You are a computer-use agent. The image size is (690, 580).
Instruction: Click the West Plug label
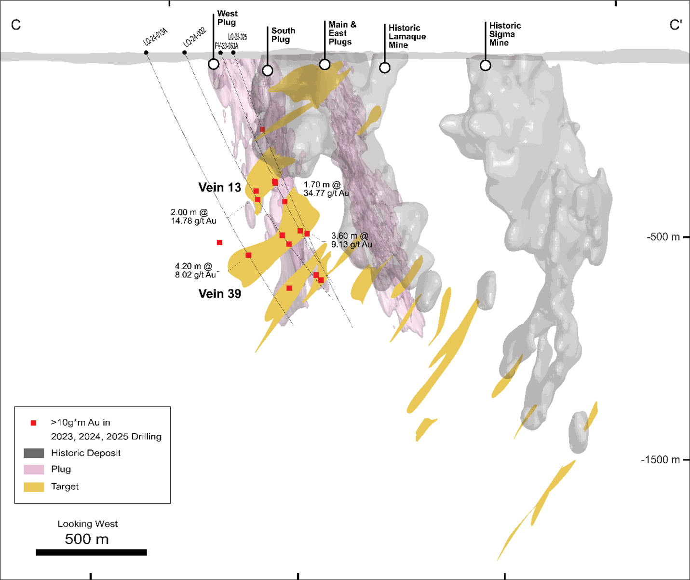[227, 18]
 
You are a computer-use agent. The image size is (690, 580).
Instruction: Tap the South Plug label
[283, 35]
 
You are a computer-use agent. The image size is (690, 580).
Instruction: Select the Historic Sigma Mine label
[504, 34]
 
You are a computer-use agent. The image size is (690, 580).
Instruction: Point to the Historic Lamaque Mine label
[407, 36]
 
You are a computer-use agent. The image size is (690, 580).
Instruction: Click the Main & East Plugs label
[342, 33]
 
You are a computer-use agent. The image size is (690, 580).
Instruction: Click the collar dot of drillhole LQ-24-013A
[146, 53]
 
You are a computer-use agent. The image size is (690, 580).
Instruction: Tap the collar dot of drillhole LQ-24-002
[185, 53]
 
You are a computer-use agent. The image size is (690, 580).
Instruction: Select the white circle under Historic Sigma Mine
[486, 65]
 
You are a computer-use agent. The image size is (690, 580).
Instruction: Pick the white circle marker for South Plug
[268, 70]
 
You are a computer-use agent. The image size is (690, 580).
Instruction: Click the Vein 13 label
[219, 187]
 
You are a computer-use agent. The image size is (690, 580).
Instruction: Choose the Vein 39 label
[219, 293]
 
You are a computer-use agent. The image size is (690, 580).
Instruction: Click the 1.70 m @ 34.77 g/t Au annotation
[326, 189]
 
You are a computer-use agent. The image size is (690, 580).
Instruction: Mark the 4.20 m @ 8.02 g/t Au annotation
[195, 270]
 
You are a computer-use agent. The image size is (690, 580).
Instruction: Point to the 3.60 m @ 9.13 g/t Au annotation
[351, 240]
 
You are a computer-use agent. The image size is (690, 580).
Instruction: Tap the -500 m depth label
[663, 237]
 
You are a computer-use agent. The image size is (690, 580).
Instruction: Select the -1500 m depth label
[660, 459]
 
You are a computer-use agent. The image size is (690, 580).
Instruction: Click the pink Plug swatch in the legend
[34, 469]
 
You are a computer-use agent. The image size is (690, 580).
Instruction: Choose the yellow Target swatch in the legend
[34, 486]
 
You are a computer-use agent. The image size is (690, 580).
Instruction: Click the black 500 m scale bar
[91, 552]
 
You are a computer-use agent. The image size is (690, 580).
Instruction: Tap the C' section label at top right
[676, 25]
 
